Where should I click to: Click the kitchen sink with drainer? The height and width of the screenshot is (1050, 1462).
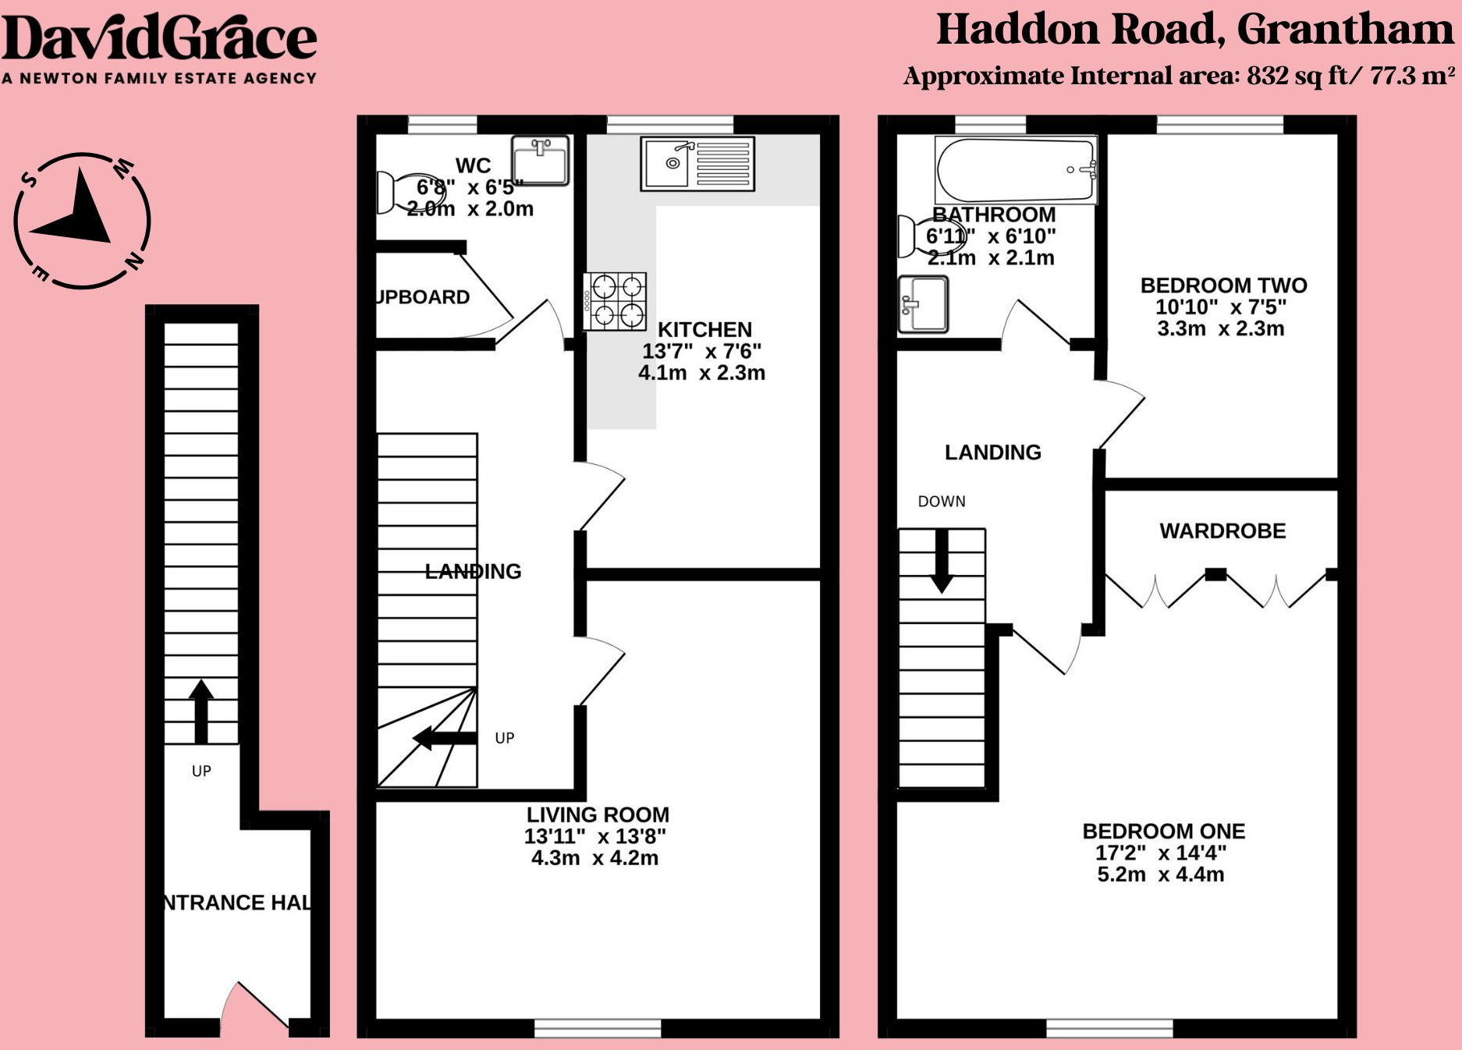(697, 163)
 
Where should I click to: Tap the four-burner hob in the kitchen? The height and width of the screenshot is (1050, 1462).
(616, 302)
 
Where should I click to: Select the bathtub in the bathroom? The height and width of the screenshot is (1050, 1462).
(1016, 170)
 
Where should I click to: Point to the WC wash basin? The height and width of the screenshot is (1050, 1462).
(541, 161)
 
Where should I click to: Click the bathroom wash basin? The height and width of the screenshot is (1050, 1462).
(923, 304)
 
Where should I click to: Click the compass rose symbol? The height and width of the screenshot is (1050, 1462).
(82, 220)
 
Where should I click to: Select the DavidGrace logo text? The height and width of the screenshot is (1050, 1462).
(159, 39)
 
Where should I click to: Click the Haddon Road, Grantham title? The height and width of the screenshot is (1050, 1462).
(1194, 30)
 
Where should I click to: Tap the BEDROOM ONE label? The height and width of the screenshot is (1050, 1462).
(1163, 832)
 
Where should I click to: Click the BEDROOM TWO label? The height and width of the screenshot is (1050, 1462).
(1223, 286)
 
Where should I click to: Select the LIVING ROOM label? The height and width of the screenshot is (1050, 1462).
(598, 815)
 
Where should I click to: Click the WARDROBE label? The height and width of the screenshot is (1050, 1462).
(1222, 531)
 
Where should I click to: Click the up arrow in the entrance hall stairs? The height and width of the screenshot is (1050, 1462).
(201, 710)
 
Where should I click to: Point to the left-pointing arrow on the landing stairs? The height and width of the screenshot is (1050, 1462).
(443, 738)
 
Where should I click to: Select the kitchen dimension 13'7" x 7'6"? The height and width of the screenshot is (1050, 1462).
(701, 351)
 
